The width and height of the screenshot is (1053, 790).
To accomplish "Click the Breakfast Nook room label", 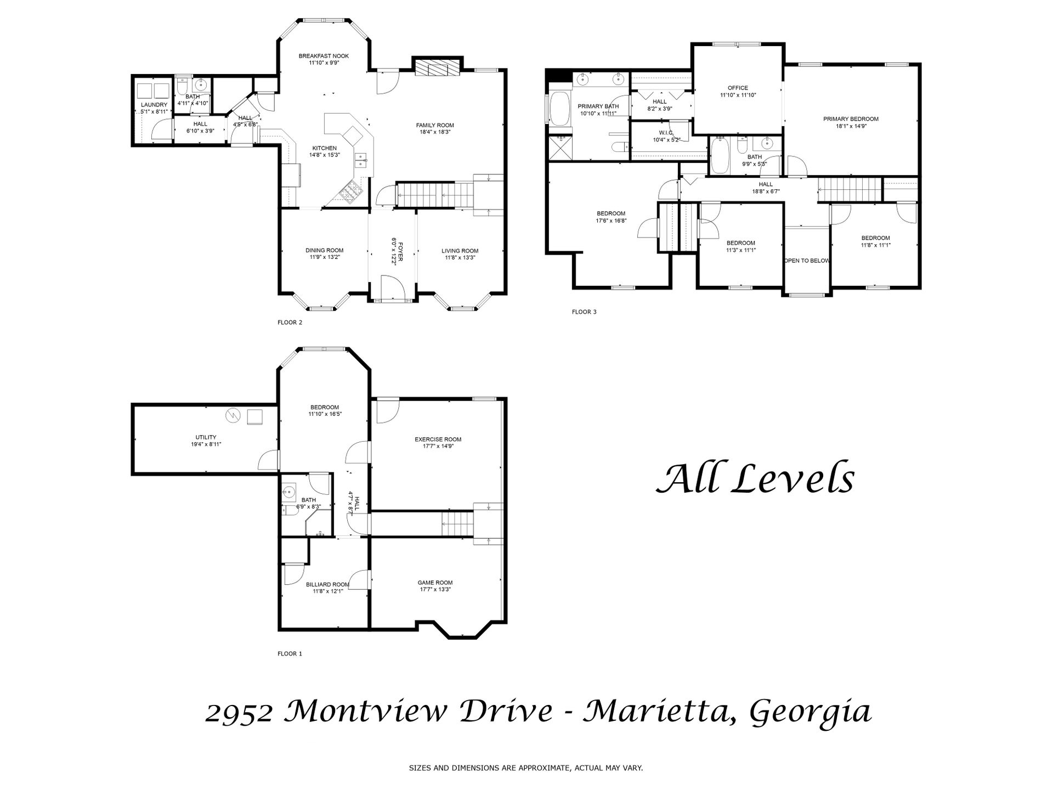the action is point(324,56).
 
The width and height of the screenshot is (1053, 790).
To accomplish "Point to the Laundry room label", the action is point(154,105).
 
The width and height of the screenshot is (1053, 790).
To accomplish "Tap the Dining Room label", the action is point(325,251).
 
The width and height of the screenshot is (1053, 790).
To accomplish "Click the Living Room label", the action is point(460,251).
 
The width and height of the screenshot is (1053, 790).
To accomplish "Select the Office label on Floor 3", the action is point(738,88).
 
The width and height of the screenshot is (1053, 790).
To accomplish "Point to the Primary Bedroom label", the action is point(851,119).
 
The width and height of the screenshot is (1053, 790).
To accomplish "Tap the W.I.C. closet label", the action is point(666,133).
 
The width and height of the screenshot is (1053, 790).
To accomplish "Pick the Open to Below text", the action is point(807,261).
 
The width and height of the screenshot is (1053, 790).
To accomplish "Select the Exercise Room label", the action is point(438,439).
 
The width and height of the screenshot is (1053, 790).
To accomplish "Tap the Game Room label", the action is point(435,583).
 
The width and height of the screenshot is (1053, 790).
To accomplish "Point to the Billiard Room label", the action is point(327,585).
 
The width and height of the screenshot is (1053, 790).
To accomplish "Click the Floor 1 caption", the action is point(290,654).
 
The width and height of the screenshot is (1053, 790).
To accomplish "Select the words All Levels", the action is point(755,478).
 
